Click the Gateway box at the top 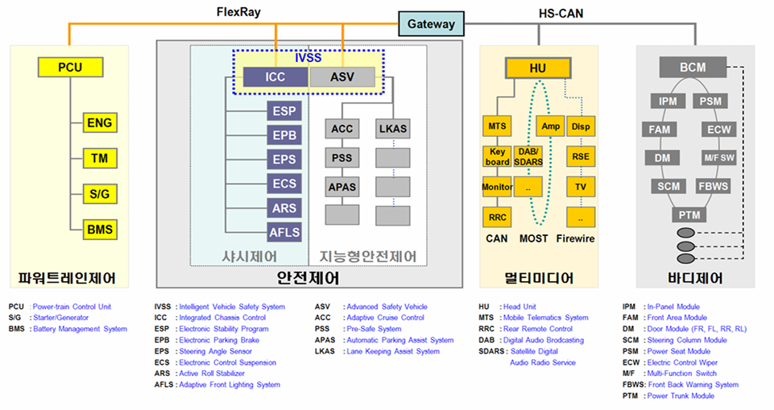(x=431, y=24)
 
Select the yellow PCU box (x=70, y=67)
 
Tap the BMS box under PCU (x=99, y=230)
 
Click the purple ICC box (x=275, y=77)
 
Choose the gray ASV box (x=342, y=77)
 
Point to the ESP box (x=284, y=111)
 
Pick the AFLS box (x=284, y=233)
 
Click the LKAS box (x=392, y=129)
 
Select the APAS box (x=342, y=187)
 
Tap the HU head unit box (x=538, y=69)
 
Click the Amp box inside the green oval (x=550, y=126)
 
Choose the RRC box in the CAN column (x=497, y=217)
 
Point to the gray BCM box (x=693, y=67)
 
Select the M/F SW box (x=719, y=158)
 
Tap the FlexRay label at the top (x=239, y=12)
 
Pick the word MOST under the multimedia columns (x=533, y=238)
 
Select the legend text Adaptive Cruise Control (x=385, y=318)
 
